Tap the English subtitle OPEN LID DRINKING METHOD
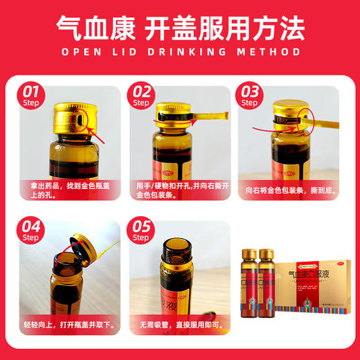180,52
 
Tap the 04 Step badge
30,231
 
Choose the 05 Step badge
142,231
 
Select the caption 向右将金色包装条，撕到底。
289,190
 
